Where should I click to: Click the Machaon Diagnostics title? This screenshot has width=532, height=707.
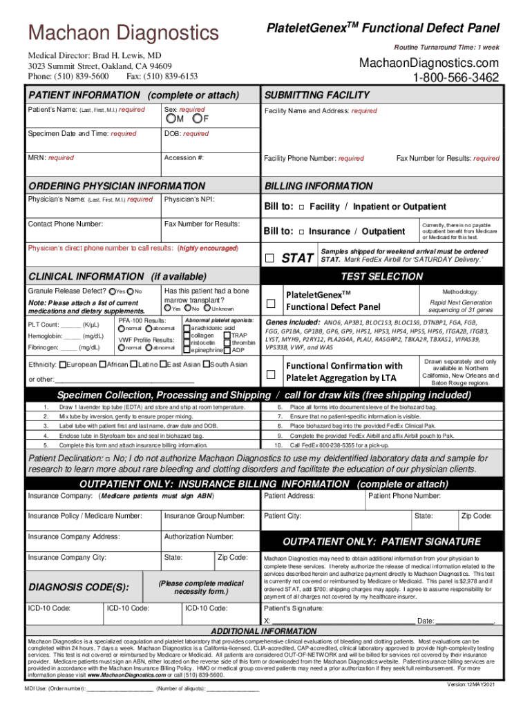tap(122, 33)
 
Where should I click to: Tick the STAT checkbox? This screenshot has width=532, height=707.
tap(271, 258)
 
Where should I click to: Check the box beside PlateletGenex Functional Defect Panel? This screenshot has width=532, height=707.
tap(272, 303)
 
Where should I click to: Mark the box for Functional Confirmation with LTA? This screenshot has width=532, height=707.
tap(272, 374)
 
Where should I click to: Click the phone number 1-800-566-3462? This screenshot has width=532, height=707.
tap(455, 78)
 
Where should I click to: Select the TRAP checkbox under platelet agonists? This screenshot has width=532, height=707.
tap(227, 335)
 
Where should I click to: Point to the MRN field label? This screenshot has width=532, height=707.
tap(50, 158)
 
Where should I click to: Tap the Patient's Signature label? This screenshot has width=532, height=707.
tap(294, 608)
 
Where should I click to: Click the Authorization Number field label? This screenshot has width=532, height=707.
tap(198, 536)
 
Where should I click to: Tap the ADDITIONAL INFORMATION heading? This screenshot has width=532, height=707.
tap(264, 631)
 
